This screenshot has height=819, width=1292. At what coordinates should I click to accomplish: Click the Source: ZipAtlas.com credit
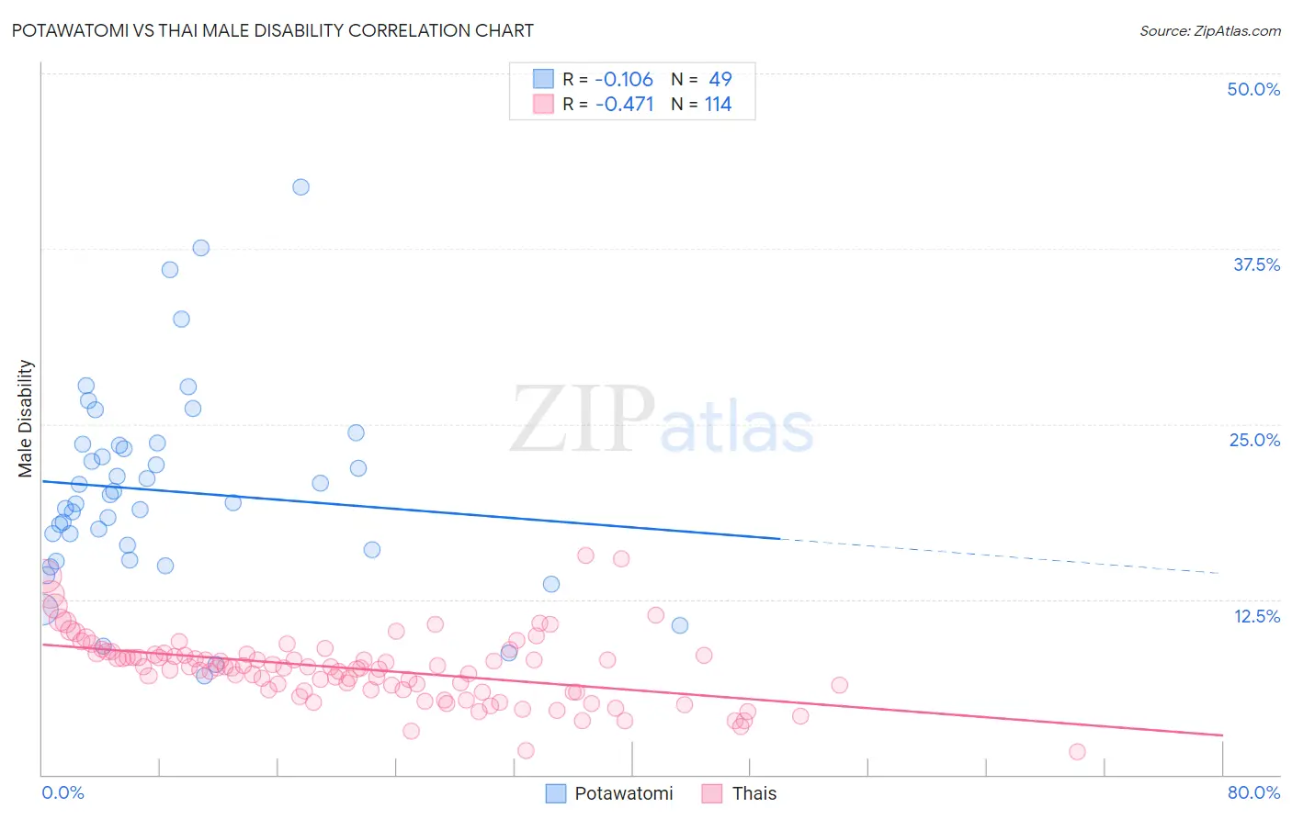[1209, 31]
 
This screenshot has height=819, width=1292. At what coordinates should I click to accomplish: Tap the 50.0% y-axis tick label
[1253, 89]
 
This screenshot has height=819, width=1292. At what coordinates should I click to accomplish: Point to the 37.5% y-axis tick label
[1256, 264]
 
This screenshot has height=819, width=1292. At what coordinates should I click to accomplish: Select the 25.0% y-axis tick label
[1254, 440]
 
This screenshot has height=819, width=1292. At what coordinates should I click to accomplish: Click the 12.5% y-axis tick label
[1256, 616]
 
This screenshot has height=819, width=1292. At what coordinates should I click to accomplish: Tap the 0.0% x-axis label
[62, 792]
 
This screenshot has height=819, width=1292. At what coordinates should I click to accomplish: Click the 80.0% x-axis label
[1253, 792]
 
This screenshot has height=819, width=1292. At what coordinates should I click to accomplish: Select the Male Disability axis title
[26, 418]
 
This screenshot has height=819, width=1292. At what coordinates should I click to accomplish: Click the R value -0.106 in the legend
[624, 80]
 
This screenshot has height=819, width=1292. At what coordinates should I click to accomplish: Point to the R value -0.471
[625, 105]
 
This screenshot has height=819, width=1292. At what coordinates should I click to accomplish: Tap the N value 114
[718, 105]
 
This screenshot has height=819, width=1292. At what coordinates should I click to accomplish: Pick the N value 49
[720, 80]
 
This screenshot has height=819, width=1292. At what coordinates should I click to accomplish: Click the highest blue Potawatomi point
[300, 187]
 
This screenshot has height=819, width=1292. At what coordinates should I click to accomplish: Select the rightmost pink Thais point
[1077, 752]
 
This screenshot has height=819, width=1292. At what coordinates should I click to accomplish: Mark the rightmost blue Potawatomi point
[680, 625]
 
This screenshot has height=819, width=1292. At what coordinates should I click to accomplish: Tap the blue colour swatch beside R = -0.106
[543, 80]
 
